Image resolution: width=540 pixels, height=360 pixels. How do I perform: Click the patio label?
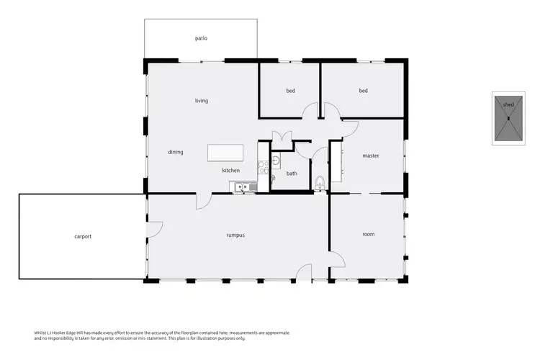tap(201, 38)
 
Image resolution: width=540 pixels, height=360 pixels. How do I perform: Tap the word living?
tap(201, 101)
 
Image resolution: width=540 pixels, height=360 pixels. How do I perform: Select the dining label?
tap(176, 152)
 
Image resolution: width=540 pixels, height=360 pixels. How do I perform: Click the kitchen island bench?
tap(225, 153)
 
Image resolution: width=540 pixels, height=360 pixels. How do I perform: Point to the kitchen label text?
tap(230, 171)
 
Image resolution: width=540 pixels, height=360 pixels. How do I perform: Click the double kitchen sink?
tap(243, 187)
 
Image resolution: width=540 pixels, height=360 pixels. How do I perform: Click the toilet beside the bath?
tap(320, 183)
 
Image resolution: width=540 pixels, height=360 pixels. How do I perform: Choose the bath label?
tap(292, 174)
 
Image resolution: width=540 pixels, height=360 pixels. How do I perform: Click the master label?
tap(371, 156)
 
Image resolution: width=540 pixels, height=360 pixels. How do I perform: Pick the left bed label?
tap(290, 91)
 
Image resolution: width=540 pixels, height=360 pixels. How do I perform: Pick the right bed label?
tap(364, 91)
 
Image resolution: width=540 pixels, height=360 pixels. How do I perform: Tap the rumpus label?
tap(235, 235)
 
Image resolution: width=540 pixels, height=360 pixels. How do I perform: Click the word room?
tap(369, 234)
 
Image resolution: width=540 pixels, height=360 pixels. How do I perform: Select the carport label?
tap(83, 236)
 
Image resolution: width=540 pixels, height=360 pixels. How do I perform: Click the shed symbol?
tap(508, 119)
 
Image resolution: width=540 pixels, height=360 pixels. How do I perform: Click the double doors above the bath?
tap(280, 135)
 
